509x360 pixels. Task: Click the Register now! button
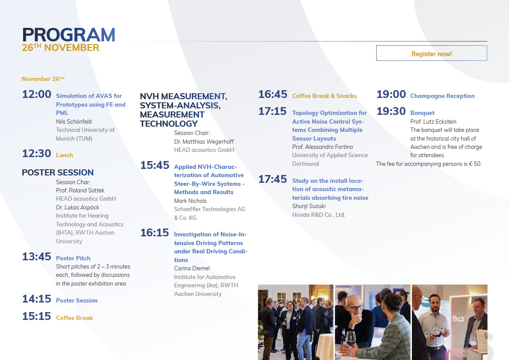point(431,53)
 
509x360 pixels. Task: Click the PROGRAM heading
point(68,35)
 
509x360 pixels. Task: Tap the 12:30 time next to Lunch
point(37,154)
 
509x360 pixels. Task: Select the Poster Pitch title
point(73,258)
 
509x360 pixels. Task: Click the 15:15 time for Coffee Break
point(37,316)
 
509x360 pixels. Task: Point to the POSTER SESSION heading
point(57,172)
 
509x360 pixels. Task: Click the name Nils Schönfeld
point(74,121)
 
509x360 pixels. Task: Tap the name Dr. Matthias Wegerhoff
point(203,141)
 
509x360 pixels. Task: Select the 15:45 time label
point(155,165)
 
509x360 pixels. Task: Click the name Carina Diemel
point(192,268)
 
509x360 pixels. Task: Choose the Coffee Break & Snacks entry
point(324,96)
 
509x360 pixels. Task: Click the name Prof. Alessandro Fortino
point(322,147)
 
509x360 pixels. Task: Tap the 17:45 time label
point(273,179)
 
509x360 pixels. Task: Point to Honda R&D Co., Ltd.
point(318,215)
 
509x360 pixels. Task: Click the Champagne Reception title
point(442,96)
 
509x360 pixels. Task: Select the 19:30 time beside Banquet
point(391,111)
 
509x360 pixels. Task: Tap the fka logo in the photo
point(458,319)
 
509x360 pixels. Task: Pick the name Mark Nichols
point(190,201)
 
